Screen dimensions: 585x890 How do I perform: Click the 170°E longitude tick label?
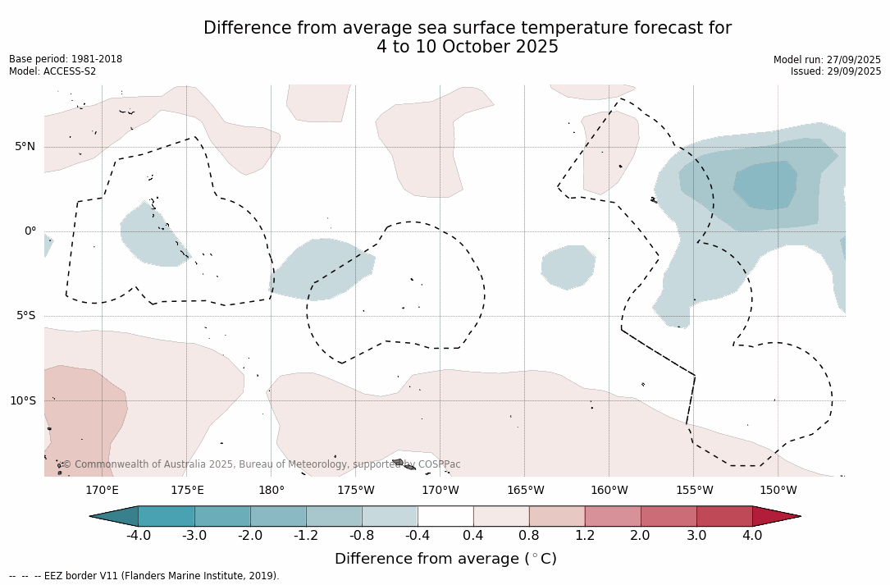pos(102,491)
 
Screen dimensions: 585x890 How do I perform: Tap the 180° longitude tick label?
pos(272,491)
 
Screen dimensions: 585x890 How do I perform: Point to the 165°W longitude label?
pos(525,491)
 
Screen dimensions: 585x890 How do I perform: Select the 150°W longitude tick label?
pos(778,491)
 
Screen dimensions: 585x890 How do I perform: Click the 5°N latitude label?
pos(25,147)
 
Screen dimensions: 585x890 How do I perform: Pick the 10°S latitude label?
pos(22,401)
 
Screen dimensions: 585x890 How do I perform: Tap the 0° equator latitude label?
pos(30,231)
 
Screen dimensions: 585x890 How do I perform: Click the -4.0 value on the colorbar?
pos(138,536)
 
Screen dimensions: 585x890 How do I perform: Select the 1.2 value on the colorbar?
pos(584,536)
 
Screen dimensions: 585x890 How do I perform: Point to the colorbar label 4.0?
pos(752,536)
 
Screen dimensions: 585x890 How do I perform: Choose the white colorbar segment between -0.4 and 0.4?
pos(445,516)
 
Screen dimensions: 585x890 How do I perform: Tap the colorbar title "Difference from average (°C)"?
pos(445,559)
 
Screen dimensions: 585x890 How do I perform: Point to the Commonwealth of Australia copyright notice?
pos(261,464)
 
